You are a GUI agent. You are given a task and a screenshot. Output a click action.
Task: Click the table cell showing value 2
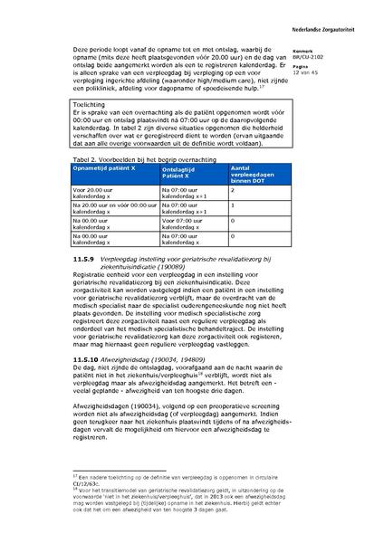pyautogui.click(x=233, y=191)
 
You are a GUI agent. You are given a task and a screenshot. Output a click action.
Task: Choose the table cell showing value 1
pyautogui.click(x=233, y=205)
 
